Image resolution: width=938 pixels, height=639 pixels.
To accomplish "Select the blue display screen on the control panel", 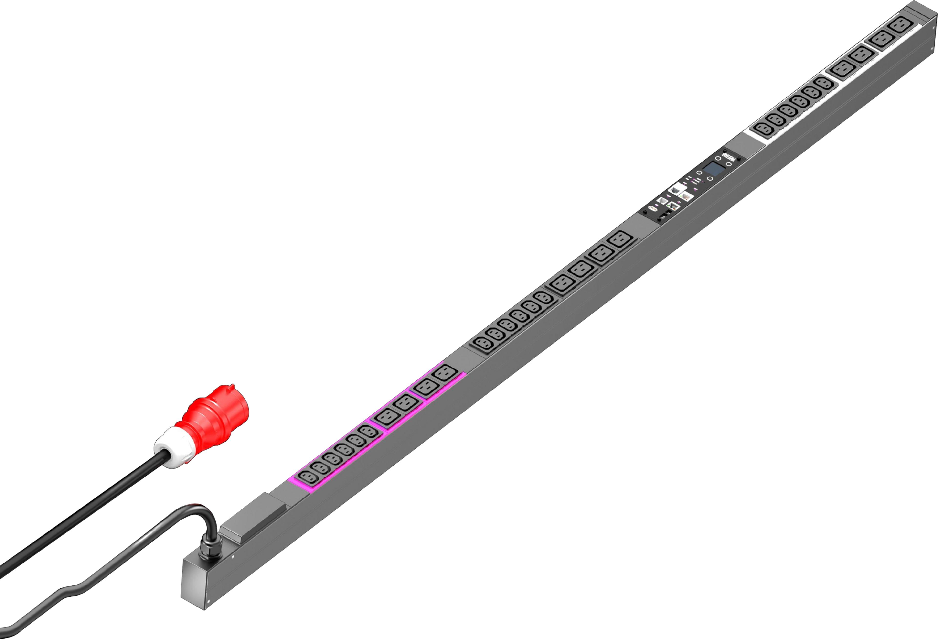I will point(714,169).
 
